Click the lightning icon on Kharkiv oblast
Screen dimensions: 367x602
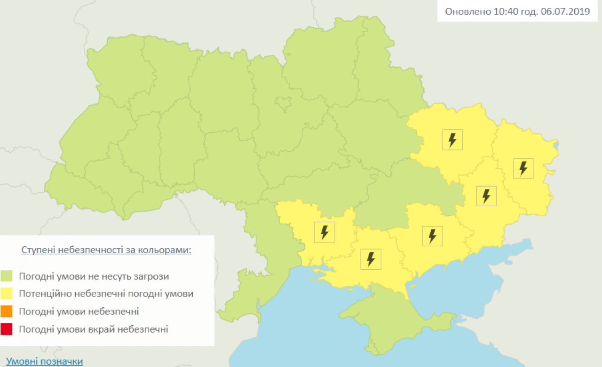tap(452, 140)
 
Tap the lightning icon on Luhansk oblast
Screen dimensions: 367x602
tap(523, 168)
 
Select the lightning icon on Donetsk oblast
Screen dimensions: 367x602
tap(486, 196)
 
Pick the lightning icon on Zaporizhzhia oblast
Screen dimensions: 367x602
tap(432, 236)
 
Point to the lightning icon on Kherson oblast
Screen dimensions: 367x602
tap(371, 259)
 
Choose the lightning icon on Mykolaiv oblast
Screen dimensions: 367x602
tap(325, 232)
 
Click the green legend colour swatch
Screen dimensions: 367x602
tap(7, 276)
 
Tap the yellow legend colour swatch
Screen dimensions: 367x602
tap(7, 294)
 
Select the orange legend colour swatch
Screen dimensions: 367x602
tap(7, 312)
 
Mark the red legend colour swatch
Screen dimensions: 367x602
tap(7, 329)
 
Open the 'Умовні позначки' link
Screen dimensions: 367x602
tap(45, 361)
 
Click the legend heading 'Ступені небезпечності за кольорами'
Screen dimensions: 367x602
tap(106, 250)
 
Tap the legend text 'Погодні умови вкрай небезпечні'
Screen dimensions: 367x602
tap(93, 329)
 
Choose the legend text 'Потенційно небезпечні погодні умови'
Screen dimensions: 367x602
tap(106, 294)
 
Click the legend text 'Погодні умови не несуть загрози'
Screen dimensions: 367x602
tap(94, 276)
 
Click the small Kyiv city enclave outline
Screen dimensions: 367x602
tap(284, 103)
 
